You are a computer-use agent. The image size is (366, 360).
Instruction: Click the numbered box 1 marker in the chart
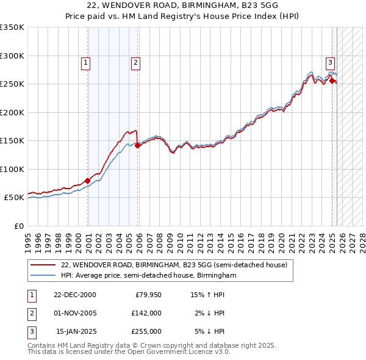85,62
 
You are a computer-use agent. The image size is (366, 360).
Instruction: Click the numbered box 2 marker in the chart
135,62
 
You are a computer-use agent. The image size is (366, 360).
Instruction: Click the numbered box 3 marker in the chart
330,62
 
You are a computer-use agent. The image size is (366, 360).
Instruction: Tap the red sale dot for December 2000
88,181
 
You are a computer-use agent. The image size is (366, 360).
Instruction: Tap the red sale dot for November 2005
138,145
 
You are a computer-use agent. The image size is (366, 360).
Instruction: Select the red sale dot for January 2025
332,81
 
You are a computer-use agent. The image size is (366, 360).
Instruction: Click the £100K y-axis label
12,169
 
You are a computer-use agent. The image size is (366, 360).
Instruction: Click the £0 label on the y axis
18,226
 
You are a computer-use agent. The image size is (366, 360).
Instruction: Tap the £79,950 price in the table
146,295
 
